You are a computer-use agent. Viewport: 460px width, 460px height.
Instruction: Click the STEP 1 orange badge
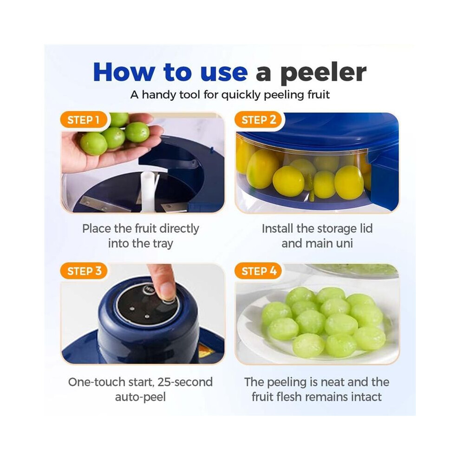pyautogui.click(x=84, y=120)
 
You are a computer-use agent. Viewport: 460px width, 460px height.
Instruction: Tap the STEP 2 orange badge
pyautogui.click(x=258, y=120)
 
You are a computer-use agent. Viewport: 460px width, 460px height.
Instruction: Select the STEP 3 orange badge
pyautogui.click(x=84, y=271)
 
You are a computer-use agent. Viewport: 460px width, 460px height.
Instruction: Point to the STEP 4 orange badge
pyautogui.click(x=258, y=271)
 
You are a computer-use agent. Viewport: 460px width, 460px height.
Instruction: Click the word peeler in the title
pyautogui.click(x=323, y=73)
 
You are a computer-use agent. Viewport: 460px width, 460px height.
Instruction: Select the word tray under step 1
pyautogui.click(x=163, y=244)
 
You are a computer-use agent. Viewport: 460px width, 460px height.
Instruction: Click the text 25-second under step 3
pyautogui.click(x=185, y=382)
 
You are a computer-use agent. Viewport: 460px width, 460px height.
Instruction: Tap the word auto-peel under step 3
pyautogui.click(x=140, y=398)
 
